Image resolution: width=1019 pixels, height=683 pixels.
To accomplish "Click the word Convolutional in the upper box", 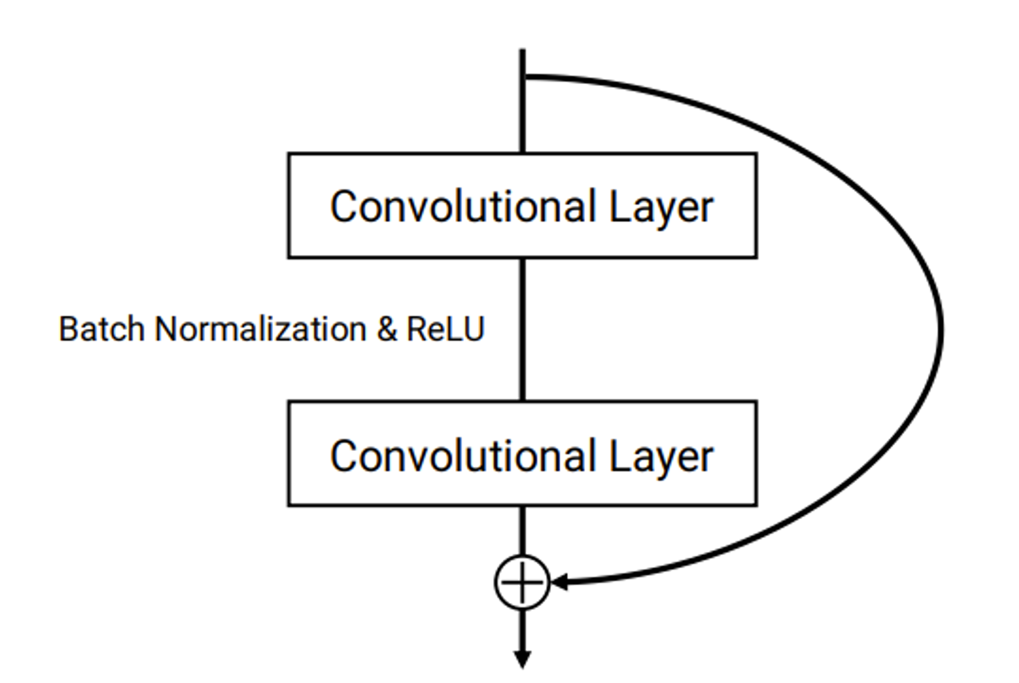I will click(463, 206).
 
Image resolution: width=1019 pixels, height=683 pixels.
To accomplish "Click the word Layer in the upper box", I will click(661, 207).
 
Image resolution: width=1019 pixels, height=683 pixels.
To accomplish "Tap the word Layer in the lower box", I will click(661, 457).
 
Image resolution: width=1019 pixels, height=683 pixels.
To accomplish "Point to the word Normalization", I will click(260, 329).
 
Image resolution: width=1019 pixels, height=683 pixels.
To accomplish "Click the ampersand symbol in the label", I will click(387, 329).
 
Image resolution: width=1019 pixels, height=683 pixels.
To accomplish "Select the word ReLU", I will click(445, 329).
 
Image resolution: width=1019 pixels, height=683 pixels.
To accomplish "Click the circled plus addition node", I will click(522, 582).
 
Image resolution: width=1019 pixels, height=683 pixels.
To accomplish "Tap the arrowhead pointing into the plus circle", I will click(559, 582).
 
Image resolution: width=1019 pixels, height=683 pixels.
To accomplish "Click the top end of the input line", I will click(522, 51).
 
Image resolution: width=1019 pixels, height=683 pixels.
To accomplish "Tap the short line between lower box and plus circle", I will click(522, 530).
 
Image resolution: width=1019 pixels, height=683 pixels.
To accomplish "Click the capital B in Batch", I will click(68, 329).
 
